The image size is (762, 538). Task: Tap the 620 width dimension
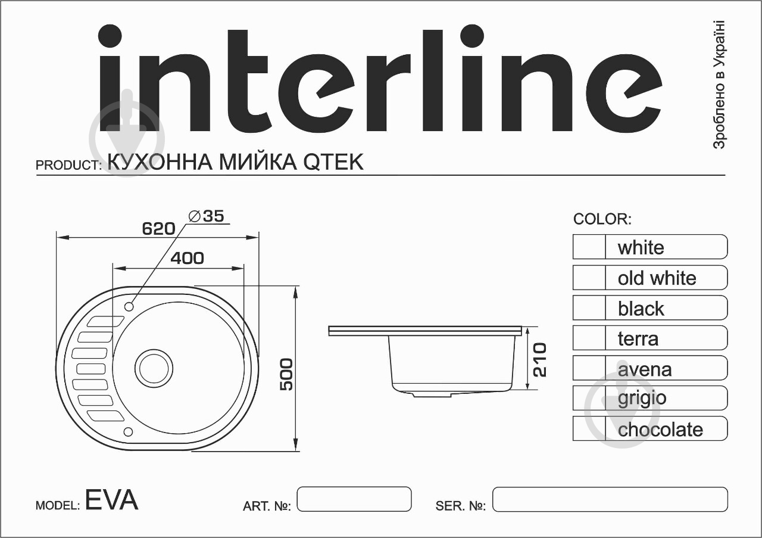point(158,228)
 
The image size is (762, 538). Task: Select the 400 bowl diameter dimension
point(187,258)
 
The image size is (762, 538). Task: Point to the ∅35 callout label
point(206,216)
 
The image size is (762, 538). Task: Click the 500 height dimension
point(286,374)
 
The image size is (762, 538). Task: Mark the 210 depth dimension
point(539,359)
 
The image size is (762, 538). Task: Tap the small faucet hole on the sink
point(129,306)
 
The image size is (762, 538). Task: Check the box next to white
point(589,247)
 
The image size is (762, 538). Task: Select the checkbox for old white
point(589,278)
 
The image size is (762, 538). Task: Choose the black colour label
point(641,309)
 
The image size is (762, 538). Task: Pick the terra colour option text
point(638,338)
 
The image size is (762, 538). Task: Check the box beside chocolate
point(589,429)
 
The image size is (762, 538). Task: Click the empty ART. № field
point(354,499)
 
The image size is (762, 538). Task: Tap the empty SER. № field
point(610,499)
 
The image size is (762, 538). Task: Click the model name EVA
point(111,500)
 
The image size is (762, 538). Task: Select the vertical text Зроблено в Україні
point(719,85)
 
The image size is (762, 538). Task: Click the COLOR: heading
point(602,219)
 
